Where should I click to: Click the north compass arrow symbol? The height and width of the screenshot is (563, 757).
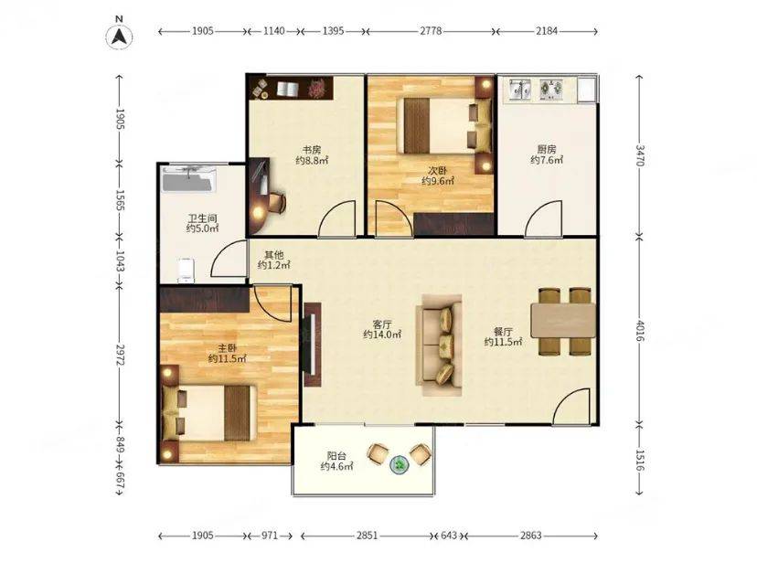point(119,37)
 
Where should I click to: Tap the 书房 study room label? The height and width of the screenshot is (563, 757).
point(312,150)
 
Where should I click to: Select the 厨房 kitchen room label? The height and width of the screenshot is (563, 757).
point(547,149)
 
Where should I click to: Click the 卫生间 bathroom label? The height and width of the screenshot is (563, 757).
point(202,218)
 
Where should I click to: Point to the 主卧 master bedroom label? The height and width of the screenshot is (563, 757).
point(228,348)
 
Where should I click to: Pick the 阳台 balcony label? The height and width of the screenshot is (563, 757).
point(336,455)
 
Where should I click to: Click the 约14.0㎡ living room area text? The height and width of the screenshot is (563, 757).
point(382,335)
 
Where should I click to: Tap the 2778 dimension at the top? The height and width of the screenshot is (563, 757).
point(431,31)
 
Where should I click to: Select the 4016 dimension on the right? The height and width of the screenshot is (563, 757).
point(640,331)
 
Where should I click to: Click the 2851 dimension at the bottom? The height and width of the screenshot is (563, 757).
point(367,536)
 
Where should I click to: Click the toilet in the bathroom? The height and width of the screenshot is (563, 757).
point(186,271)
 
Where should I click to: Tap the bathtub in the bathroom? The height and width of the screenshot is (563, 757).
point(188,178)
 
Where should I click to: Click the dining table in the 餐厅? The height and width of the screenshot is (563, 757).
point(563,320)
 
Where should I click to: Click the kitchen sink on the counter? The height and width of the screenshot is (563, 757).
point(519,90)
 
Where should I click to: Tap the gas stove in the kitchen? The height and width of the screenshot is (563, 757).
point(551,90)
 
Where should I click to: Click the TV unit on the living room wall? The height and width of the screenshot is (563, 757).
point(313,344)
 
